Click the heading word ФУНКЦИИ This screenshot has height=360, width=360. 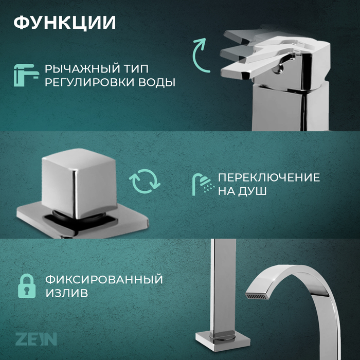[x=64, y=23]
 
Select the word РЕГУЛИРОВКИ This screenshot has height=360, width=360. [x=89, y=82]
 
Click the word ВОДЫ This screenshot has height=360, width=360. [x=156, y=82]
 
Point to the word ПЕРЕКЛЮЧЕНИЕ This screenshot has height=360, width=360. [x=269, y=177]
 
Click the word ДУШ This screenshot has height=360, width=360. [x=252, y=191]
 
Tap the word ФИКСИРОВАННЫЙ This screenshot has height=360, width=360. [x=104, y=279]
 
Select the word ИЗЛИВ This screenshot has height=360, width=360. [x=67, y=293]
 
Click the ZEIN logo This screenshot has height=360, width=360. [x=36, y=339]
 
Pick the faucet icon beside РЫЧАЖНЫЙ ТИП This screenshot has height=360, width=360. [x=26, y=75]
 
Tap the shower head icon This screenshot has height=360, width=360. [x=203, y=184]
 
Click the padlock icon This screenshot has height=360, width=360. [x=27, y=286]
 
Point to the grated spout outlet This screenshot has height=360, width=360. [x=257, y=296]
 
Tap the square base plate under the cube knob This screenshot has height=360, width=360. [x=83, y=221]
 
